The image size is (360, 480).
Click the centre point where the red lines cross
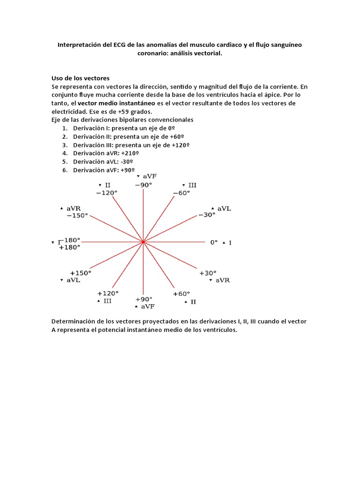(143, 242)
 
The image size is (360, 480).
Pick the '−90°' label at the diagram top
(143, 185)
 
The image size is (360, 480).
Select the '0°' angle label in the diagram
(214, 242)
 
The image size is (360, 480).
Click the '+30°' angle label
(208, 273)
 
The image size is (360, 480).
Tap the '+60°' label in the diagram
(181, 294)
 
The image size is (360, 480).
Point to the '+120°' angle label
(107, 292)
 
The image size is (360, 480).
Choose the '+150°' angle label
(80, 273)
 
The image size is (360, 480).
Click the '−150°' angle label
(77, 216)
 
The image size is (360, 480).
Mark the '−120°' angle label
(106, 193)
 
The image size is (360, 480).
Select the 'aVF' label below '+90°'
(148, 306)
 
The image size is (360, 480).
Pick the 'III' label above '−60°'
(192, 186)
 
